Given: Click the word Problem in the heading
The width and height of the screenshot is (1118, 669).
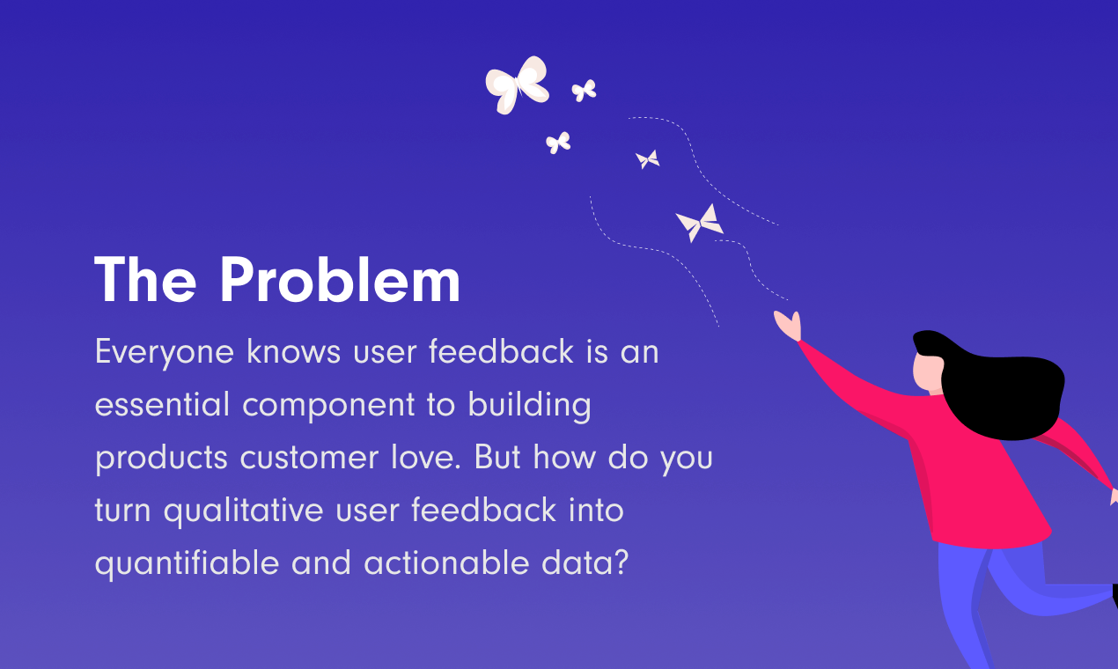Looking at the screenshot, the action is click(340, 279).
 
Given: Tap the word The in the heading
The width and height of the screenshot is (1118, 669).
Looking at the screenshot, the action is click(145, 279).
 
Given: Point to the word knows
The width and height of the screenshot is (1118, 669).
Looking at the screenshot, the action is click(293, 350).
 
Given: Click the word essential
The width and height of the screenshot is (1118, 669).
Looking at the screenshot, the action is click(162, 403).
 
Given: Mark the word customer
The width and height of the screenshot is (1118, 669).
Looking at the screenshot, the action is click(309, 458).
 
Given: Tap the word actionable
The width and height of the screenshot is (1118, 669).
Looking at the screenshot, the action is click(446, 562).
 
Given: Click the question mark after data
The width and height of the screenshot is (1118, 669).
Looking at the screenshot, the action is click(622, 562).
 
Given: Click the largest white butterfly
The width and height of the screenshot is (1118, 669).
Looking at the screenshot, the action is click(517, 85).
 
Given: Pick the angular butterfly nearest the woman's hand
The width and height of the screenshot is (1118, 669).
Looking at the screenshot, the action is click(699, 224).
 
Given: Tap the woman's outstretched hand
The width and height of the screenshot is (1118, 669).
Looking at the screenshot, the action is click(788, 326).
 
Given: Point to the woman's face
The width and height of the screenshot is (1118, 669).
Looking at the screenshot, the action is click(927, 372).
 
